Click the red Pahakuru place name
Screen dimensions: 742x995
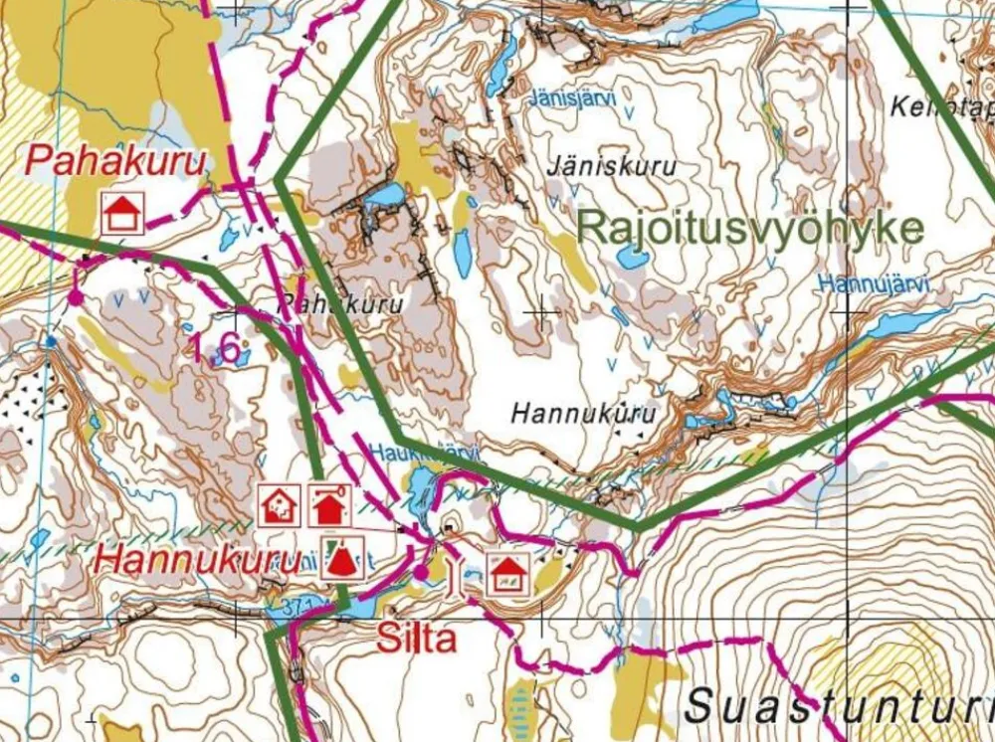click(x=116, y=162)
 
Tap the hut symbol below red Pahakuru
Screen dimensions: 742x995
click(x=122, y=213)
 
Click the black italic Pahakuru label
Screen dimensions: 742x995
click(x=341, y=303)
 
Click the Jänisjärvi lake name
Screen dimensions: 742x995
click(x=573, y=99)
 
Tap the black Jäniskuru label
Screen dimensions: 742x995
click(x=612, y=166)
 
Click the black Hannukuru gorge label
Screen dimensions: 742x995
click(x=585, y=413)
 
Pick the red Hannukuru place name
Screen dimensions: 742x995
click(x=199, y=560)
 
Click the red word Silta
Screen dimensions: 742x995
click(x=416, y=639)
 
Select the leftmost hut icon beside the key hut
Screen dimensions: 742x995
click(x=280, y=505)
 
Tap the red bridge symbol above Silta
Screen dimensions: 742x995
click(x=458, y=575)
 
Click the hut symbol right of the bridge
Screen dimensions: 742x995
click(x=507, y=575)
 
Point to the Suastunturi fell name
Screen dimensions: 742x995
click(x=836, y=706)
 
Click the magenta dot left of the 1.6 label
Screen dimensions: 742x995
click(x=75, y=296)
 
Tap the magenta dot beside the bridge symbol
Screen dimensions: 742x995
click(x=421, y=572)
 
